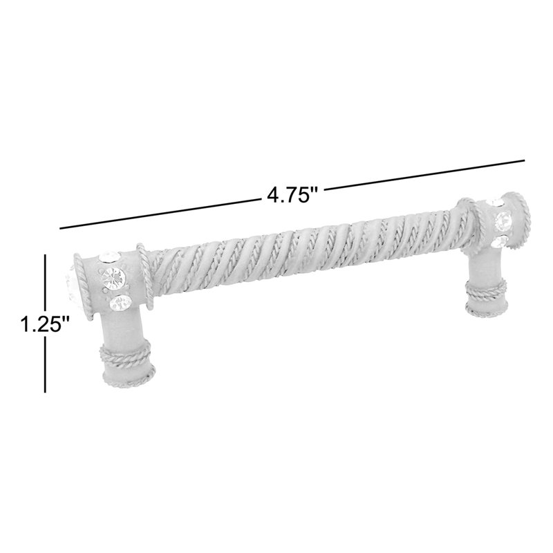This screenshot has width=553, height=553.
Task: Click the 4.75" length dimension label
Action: tap(292, 195)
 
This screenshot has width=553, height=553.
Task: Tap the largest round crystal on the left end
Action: tap(113, 276)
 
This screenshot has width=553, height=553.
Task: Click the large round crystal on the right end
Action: tap(503, 220)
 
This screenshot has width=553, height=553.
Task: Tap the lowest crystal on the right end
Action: tap(499, 241)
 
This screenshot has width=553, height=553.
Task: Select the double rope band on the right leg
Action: tap(486, 288)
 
